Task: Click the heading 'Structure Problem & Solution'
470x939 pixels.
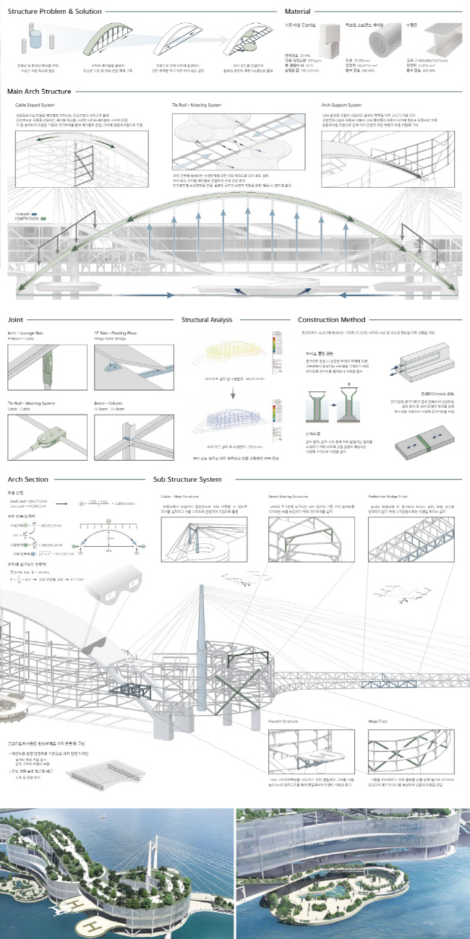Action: (54, 12)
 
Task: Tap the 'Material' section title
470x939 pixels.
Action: (298, 12)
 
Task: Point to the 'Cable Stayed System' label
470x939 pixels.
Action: (35, 105)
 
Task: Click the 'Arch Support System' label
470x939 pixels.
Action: (341, 105)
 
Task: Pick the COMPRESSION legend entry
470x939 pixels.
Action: (27, 218)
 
